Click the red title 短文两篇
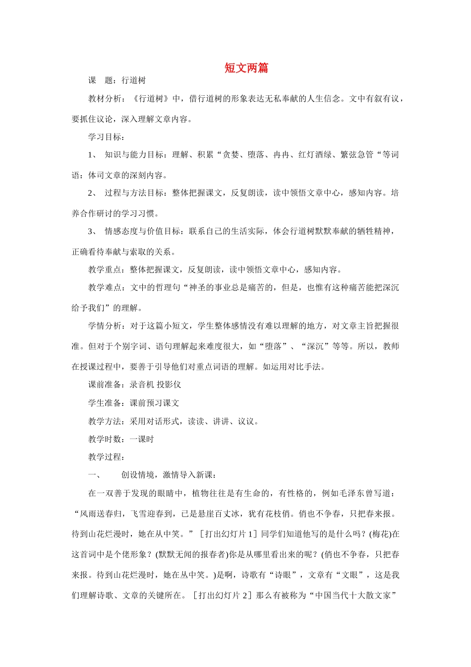[246, 68]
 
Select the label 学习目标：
[107, 137]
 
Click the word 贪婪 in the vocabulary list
[231, 155]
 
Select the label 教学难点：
[109, 288]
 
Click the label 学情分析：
[109, 326]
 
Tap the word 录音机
[142, 385]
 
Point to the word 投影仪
[169, 385]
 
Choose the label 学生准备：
[109, 403]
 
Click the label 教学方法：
[109, 421]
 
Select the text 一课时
[142, 439]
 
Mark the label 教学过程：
[107, 457]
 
